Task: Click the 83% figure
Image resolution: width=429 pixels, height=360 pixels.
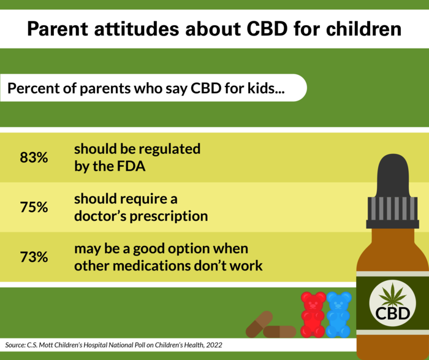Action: [34, 158]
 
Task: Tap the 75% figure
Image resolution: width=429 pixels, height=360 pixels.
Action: [34, 207]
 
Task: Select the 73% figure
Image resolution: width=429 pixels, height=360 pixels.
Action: [34, 257]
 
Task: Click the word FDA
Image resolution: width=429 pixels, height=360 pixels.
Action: [131, 166]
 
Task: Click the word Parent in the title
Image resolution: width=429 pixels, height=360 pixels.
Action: [58, 29]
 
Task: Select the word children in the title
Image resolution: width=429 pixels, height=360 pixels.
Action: [363, 28]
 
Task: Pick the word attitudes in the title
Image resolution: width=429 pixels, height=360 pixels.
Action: [137, 29]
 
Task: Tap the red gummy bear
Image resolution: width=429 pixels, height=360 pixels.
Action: [313, 314]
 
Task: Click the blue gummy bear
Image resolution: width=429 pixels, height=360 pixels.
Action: [339, 314]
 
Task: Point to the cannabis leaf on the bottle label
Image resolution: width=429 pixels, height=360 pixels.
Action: [393, 295]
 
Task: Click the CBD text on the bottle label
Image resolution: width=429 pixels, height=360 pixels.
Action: [393, 313]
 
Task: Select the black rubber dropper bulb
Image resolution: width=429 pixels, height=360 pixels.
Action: [393, 175]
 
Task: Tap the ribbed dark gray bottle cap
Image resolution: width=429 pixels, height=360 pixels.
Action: [393, 212]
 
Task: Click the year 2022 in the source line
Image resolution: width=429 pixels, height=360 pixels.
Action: [214, 345]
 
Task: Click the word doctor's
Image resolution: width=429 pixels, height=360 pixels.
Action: [101, 216]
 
